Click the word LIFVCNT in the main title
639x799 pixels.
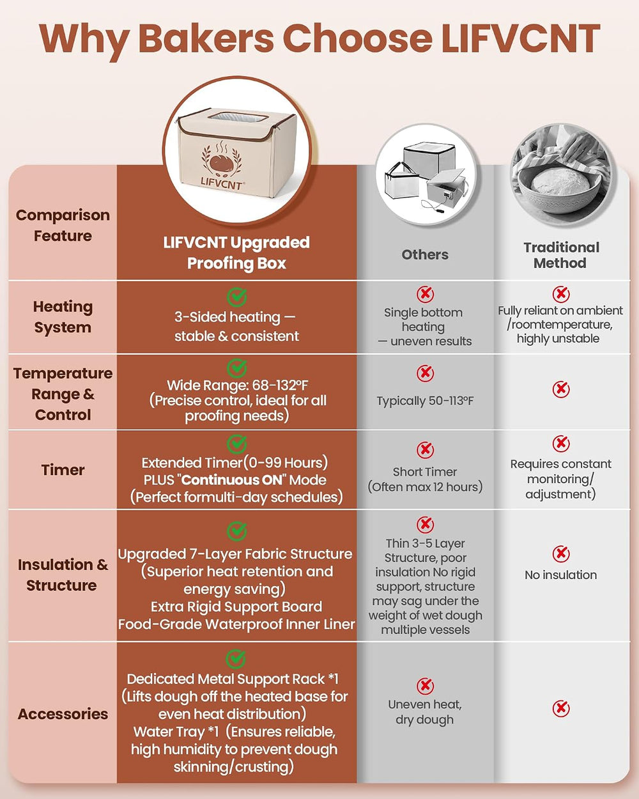[521, 38]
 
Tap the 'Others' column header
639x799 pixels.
[425, 254]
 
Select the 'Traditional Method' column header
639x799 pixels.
[561, 255]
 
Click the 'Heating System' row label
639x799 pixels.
[63, 317]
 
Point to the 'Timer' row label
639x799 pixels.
[63, 470]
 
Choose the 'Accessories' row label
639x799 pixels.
[63, 714]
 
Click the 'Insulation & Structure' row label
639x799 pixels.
[63, 575]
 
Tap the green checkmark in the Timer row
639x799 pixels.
[236, 444]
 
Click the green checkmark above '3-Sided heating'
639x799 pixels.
[236, 297]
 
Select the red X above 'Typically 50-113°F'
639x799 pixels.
[425, 373]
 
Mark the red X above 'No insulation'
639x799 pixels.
[560, 554]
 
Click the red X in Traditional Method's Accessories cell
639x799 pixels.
[560, 709]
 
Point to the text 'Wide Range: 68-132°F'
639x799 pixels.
[237, 385]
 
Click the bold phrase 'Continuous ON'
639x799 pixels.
[232, 480]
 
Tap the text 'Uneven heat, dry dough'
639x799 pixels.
[425, 712]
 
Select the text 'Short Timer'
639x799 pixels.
[425, 472]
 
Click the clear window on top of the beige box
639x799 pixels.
[238, 118]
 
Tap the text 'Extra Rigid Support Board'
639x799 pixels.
[236, 607]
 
